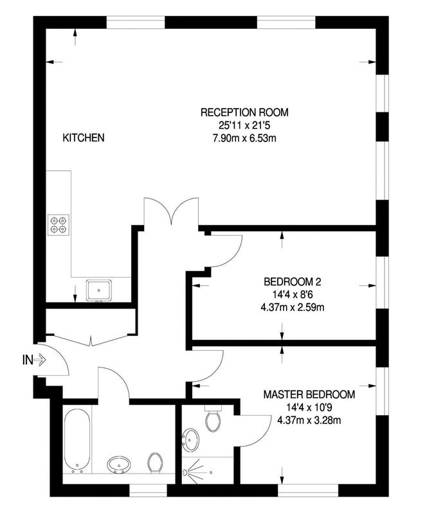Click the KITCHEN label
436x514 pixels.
pos(84,137)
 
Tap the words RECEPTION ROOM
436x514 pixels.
pos(244,112)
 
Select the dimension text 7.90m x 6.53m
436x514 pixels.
pos(244,138)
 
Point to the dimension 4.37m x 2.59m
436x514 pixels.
pos(293,308)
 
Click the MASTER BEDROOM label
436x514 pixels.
pos(309,394)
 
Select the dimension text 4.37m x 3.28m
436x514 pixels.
pos(309,420)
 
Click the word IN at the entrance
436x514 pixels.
pos(28,360)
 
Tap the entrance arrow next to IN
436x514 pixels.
pos(40,360)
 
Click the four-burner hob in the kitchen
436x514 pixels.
pos(59,225)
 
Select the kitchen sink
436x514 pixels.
pos(99,290)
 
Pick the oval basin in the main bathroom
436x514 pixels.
pos(119,464)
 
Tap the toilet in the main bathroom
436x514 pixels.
pos(155,463)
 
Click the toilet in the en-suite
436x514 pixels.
pos(213,419)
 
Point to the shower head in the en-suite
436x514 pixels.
pos(186,472)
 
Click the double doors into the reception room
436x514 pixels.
pos(171,211)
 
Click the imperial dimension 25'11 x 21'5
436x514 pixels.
pos(244,125)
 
